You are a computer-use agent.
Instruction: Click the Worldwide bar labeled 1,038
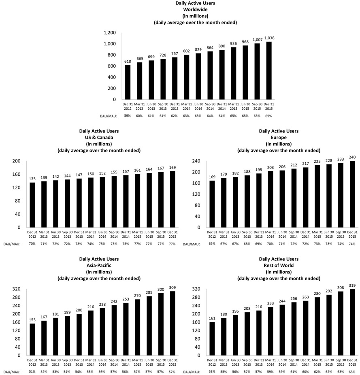[268, 70]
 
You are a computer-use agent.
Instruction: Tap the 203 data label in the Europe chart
[271, 167]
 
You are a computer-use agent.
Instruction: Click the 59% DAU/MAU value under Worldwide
[128, 115]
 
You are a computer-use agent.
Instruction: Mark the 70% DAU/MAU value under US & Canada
[33, 244]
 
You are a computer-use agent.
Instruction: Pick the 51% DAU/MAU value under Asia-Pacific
[33, 371]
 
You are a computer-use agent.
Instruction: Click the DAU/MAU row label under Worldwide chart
[109, 115]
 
